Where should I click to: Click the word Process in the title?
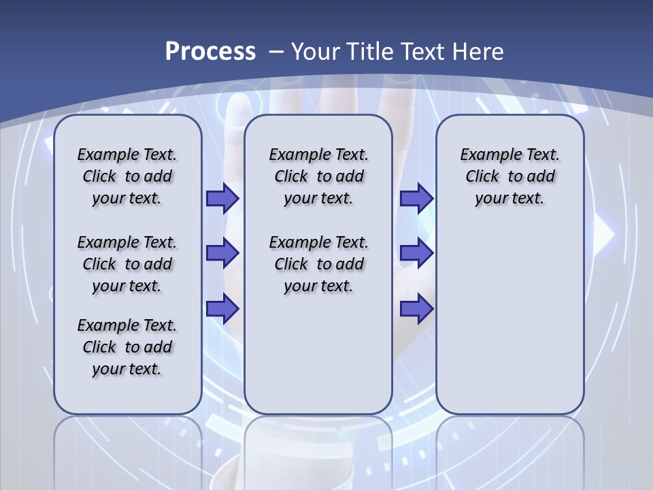tap(210, 52)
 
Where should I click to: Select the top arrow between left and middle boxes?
tap(222, 198)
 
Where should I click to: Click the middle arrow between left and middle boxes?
tap(222, 253)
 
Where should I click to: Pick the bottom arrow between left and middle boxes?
tap(222, 308)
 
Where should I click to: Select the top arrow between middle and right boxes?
tap(416, 198)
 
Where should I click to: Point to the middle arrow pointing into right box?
tap(416, 253)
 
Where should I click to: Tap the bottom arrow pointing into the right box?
tap(416, 308)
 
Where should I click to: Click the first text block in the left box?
tap(127, 176)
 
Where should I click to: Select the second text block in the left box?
tap(127, 264)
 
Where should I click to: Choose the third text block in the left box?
tap(127, 347)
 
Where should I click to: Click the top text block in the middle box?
tap(318, 176)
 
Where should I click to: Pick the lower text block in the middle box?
tap(318, 264)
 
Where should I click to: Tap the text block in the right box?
tap(509, 176)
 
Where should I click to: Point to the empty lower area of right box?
tap(509, 327)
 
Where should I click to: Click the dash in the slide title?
tap(276, 52)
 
